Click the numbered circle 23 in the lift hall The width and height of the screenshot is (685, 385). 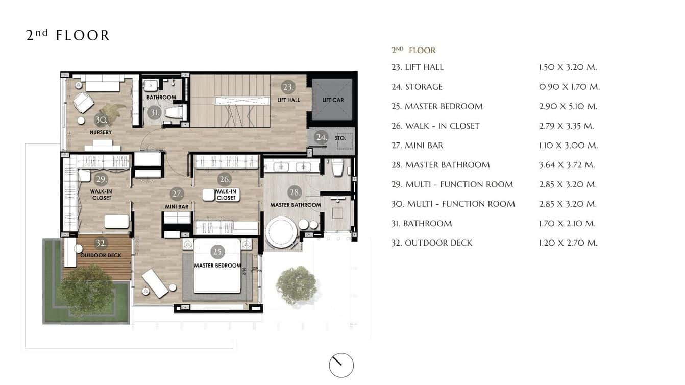(x=288, y=87)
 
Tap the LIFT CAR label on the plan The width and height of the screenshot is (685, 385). (x=333, y=100)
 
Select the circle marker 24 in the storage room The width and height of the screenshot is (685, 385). (x=321, y=137)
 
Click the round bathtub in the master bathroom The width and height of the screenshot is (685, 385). (x=280, y=232)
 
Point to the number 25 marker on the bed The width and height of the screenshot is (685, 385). (x=217, y=252)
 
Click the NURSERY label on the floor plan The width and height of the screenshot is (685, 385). (x=101, y=133)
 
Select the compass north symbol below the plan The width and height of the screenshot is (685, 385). (x=341, y=365)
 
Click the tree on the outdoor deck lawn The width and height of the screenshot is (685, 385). (x=86, y=289)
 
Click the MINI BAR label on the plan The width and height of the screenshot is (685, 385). (x=177, y=207)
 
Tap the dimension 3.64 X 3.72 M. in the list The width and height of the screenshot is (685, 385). (x=567, y=165)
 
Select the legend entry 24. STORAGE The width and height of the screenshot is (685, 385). (x=417, y=87)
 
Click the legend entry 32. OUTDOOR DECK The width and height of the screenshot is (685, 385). (x=432, y=243)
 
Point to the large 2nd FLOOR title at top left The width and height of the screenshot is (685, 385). (x=67, y=35)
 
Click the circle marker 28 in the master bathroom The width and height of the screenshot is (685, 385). (x=295, y=192)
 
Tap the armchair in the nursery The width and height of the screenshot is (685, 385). (x=83, y=103)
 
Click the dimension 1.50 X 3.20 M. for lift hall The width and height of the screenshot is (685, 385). (x=568, y=67)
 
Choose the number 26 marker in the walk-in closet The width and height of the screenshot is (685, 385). (x=225, y=179)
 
